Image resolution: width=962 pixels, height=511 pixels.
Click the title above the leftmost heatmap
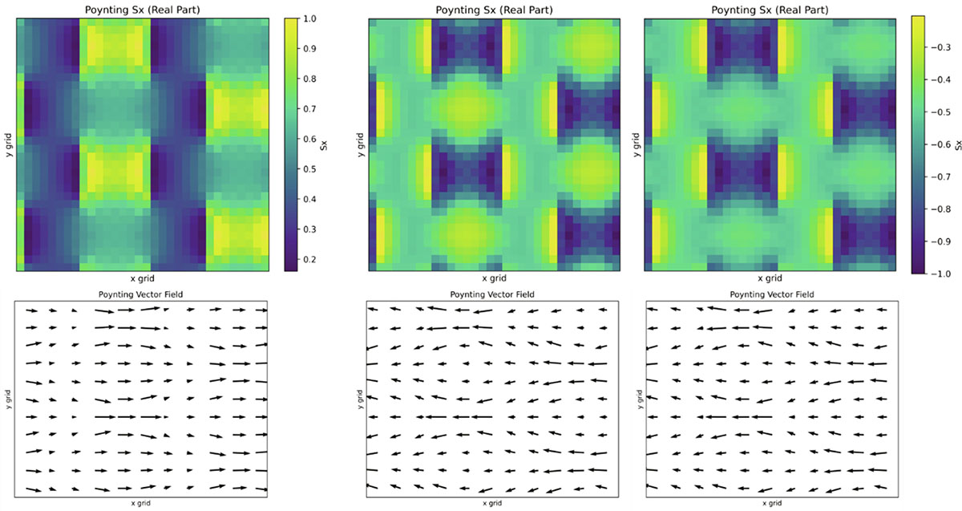click(x=141, y=8)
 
